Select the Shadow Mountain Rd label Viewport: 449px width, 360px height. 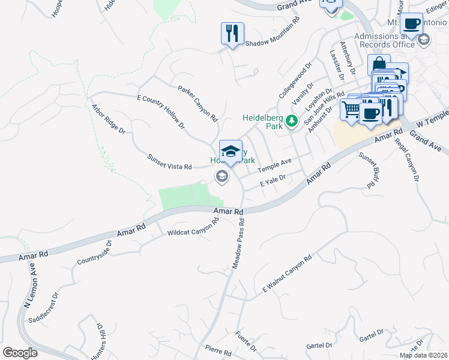point(271,43)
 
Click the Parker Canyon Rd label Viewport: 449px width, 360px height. point(197,104)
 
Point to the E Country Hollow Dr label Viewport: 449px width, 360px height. point(161,112)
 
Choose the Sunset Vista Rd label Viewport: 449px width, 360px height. point(169,161)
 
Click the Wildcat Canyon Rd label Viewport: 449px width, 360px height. point(193,226)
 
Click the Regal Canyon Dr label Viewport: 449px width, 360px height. point(406,159)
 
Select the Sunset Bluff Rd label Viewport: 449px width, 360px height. point(367,171)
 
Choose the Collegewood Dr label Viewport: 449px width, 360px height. point(296,80)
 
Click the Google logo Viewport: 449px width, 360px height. point(20,352)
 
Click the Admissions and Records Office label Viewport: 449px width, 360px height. point(385,40)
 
